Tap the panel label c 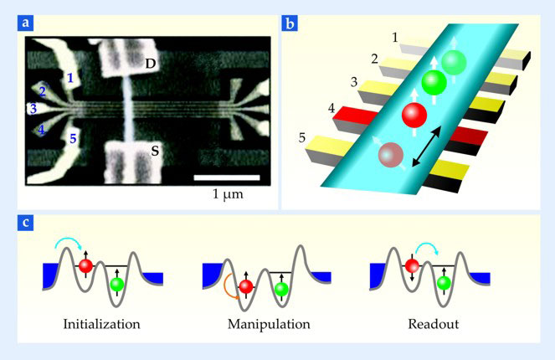[26, 224]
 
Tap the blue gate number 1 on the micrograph [72, 78]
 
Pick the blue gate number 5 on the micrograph [72, 138]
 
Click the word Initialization [101, 322]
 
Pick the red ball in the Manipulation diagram [244, 287]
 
